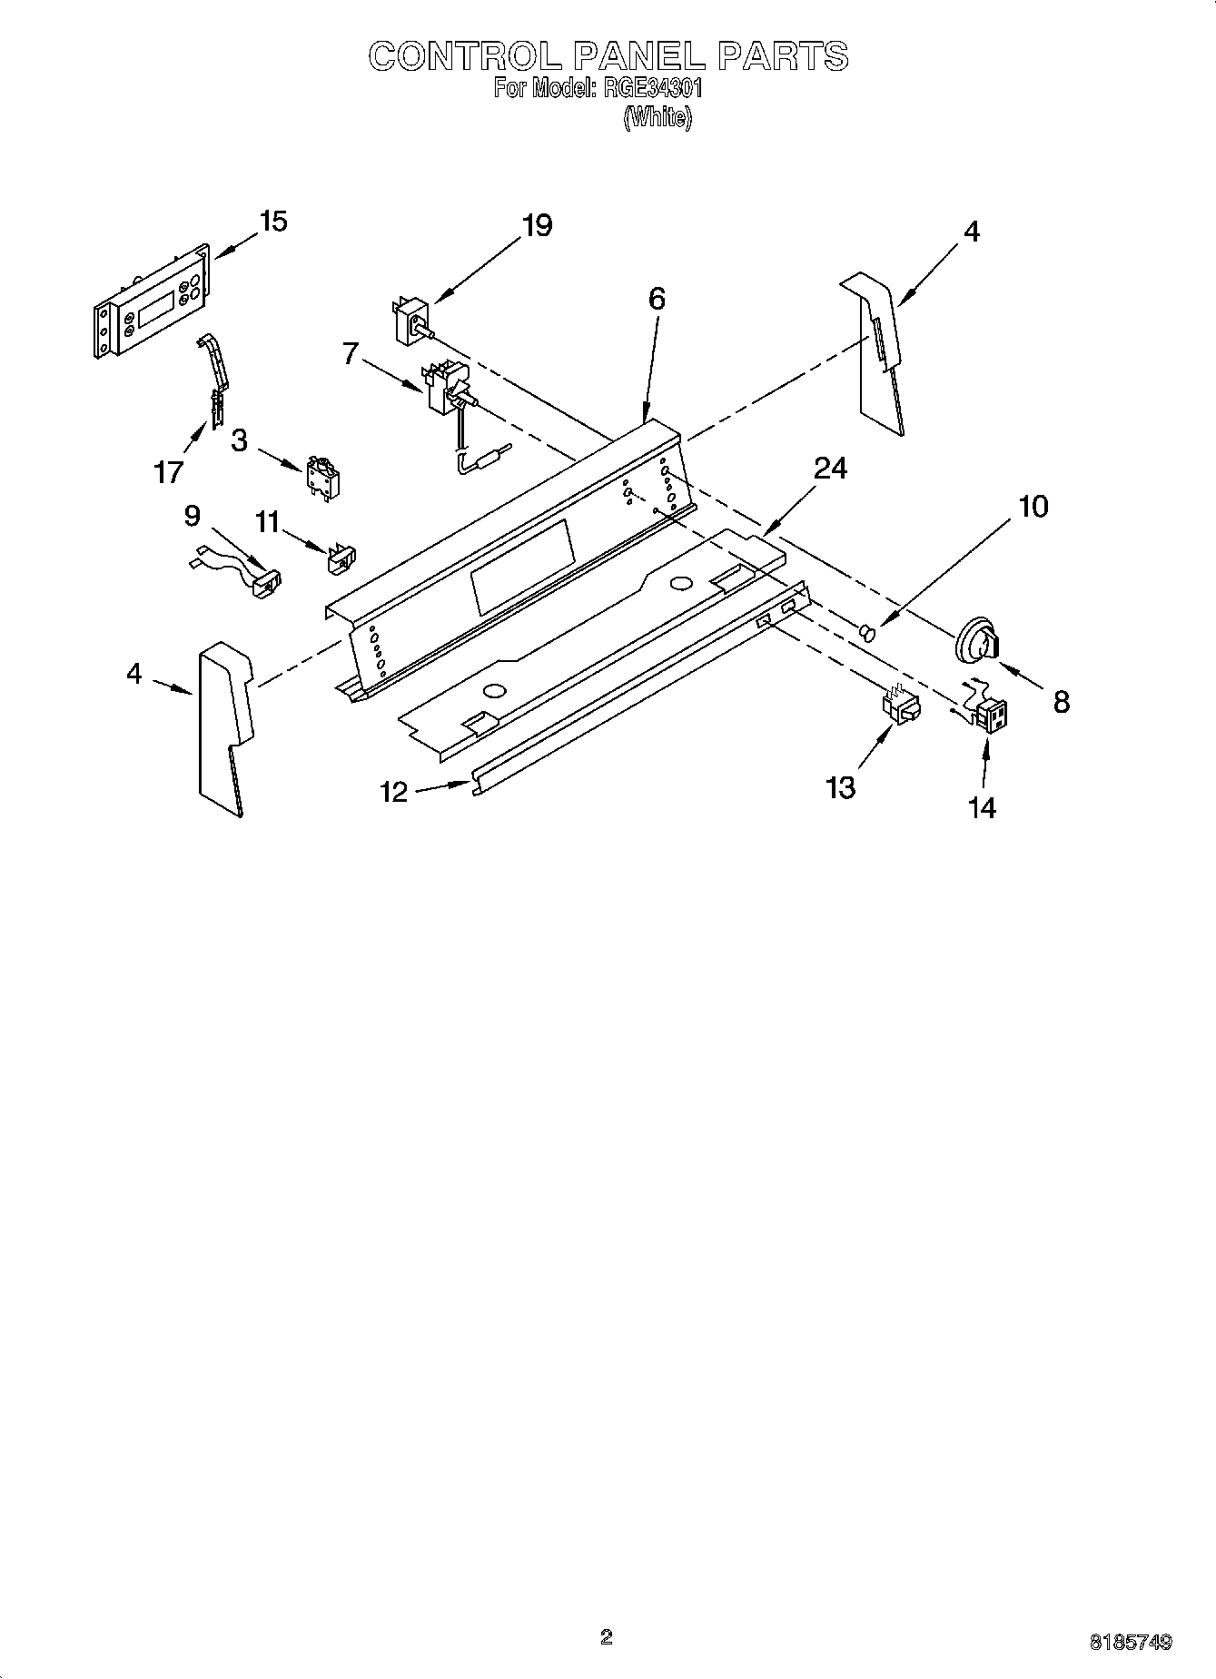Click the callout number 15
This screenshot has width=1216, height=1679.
click(272, 222)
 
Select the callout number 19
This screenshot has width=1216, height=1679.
click(537, 225)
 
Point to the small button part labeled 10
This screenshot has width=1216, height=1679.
click(867, 629)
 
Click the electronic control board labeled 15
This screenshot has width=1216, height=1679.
click(152, 302)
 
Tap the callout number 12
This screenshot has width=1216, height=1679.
click(394, 792)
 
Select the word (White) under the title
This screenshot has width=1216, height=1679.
click(657, 117)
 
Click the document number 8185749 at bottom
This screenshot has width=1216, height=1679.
click(1130, 1642)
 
